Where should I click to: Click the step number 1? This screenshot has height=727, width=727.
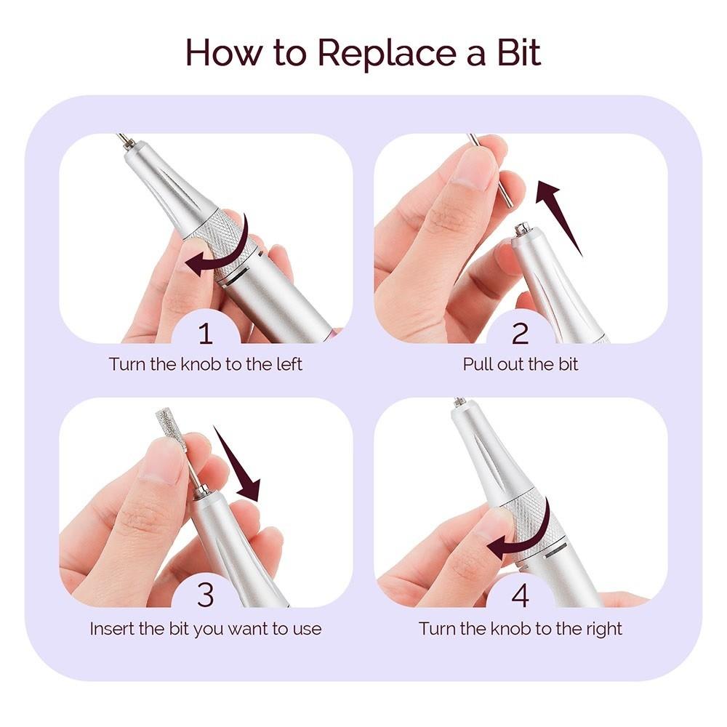(x=206, y=334)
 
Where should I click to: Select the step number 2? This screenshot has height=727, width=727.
(x=521, y=334)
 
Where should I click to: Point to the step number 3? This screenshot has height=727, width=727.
(x=206, y=595)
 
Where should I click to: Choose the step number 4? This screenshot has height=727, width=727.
(x=521, y=595)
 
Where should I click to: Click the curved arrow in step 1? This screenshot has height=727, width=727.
(x=225, y=251)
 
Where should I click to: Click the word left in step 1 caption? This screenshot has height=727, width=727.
(x=288, y=364)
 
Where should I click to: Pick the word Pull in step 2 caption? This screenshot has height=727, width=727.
(x=478, y=364)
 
